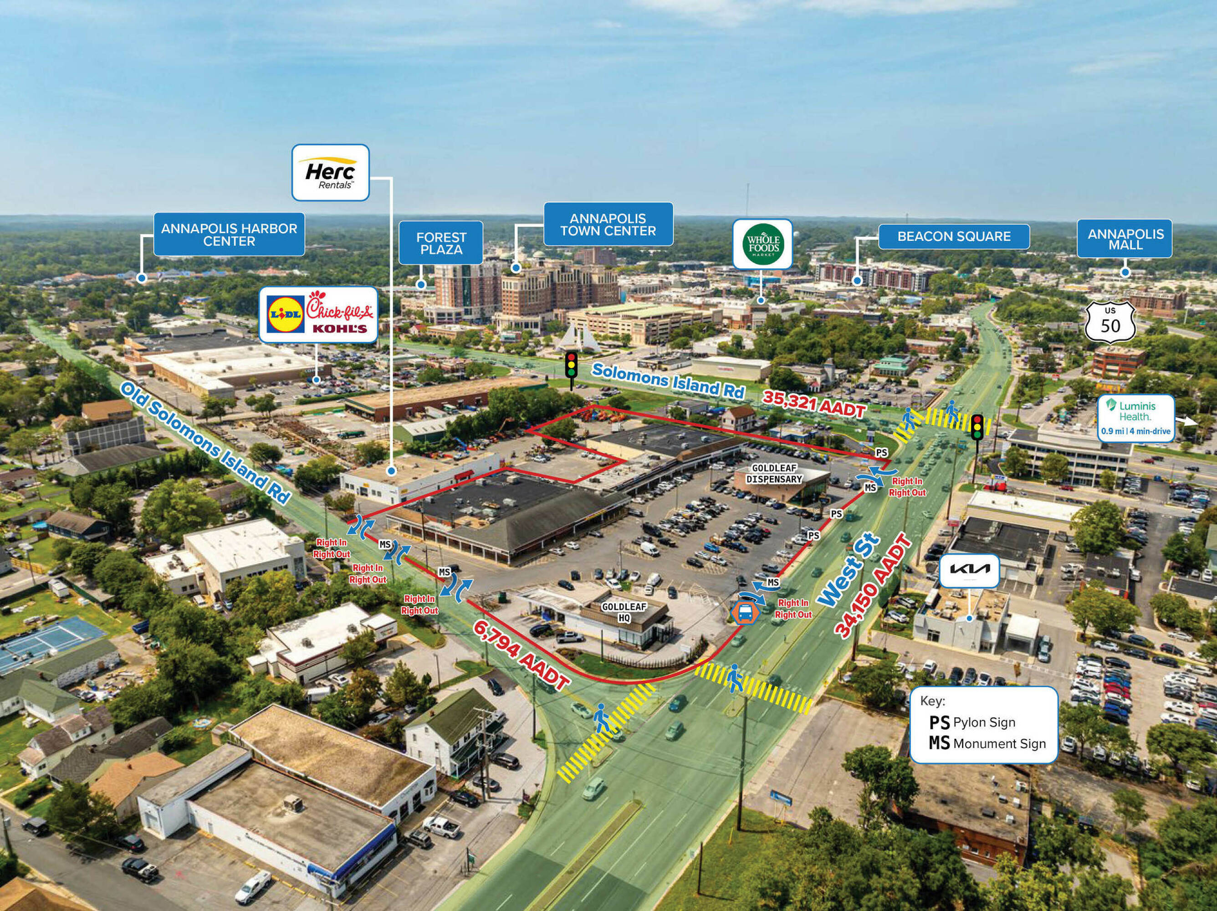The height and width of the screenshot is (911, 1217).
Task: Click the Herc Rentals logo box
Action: (330, 172)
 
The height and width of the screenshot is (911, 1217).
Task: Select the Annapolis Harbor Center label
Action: (229, 234)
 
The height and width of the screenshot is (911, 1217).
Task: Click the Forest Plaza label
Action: (441, 243)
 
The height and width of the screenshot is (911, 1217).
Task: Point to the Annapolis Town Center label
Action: (608, 225)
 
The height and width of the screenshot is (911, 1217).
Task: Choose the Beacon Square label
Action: (954, 236)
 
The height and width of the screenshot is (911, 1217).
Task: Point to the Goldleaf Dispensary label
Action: (773, 474)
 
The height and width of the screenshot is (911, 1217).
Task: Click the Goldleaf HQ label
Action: (624, 612)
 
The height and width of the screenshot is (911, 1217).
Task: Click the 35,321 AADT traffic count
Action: (813, 404)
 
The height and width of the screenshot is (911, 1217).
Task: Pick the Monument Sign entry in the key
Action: (987, 743)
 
